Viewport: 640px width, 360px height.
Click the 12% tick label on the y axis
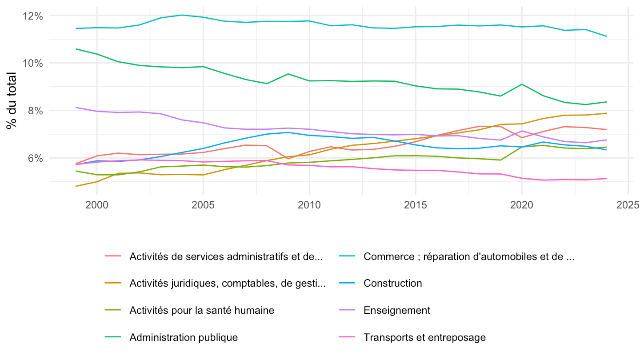[33, 16]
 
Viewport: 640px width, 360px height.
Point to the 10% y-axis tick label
[33, 64]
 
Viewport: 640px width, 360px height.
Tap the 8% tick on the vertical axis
[36, 111]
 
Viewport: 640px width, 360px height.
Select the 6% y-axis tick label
[36, 158]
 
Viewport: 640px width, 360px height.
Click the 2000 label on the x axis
[97, 205]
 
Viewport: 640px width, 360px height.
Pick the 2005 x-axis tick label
[203, 205]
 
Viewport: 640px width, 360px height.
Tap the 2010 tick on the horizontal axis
[309, 205]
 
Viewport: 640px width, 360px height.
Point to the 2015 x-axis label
[416, 205]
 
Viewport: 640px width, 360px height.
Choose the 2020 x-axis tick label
[522, 205]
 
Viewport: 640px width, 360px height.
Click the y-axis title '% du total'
[12, 100]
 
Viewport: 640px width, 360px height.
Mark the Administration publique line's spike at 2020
[522, 84]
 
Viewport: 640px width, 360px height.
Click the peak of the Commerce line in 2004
[182, 15]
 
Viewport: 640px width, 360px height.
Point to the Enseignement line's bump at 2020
[522, 131]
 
